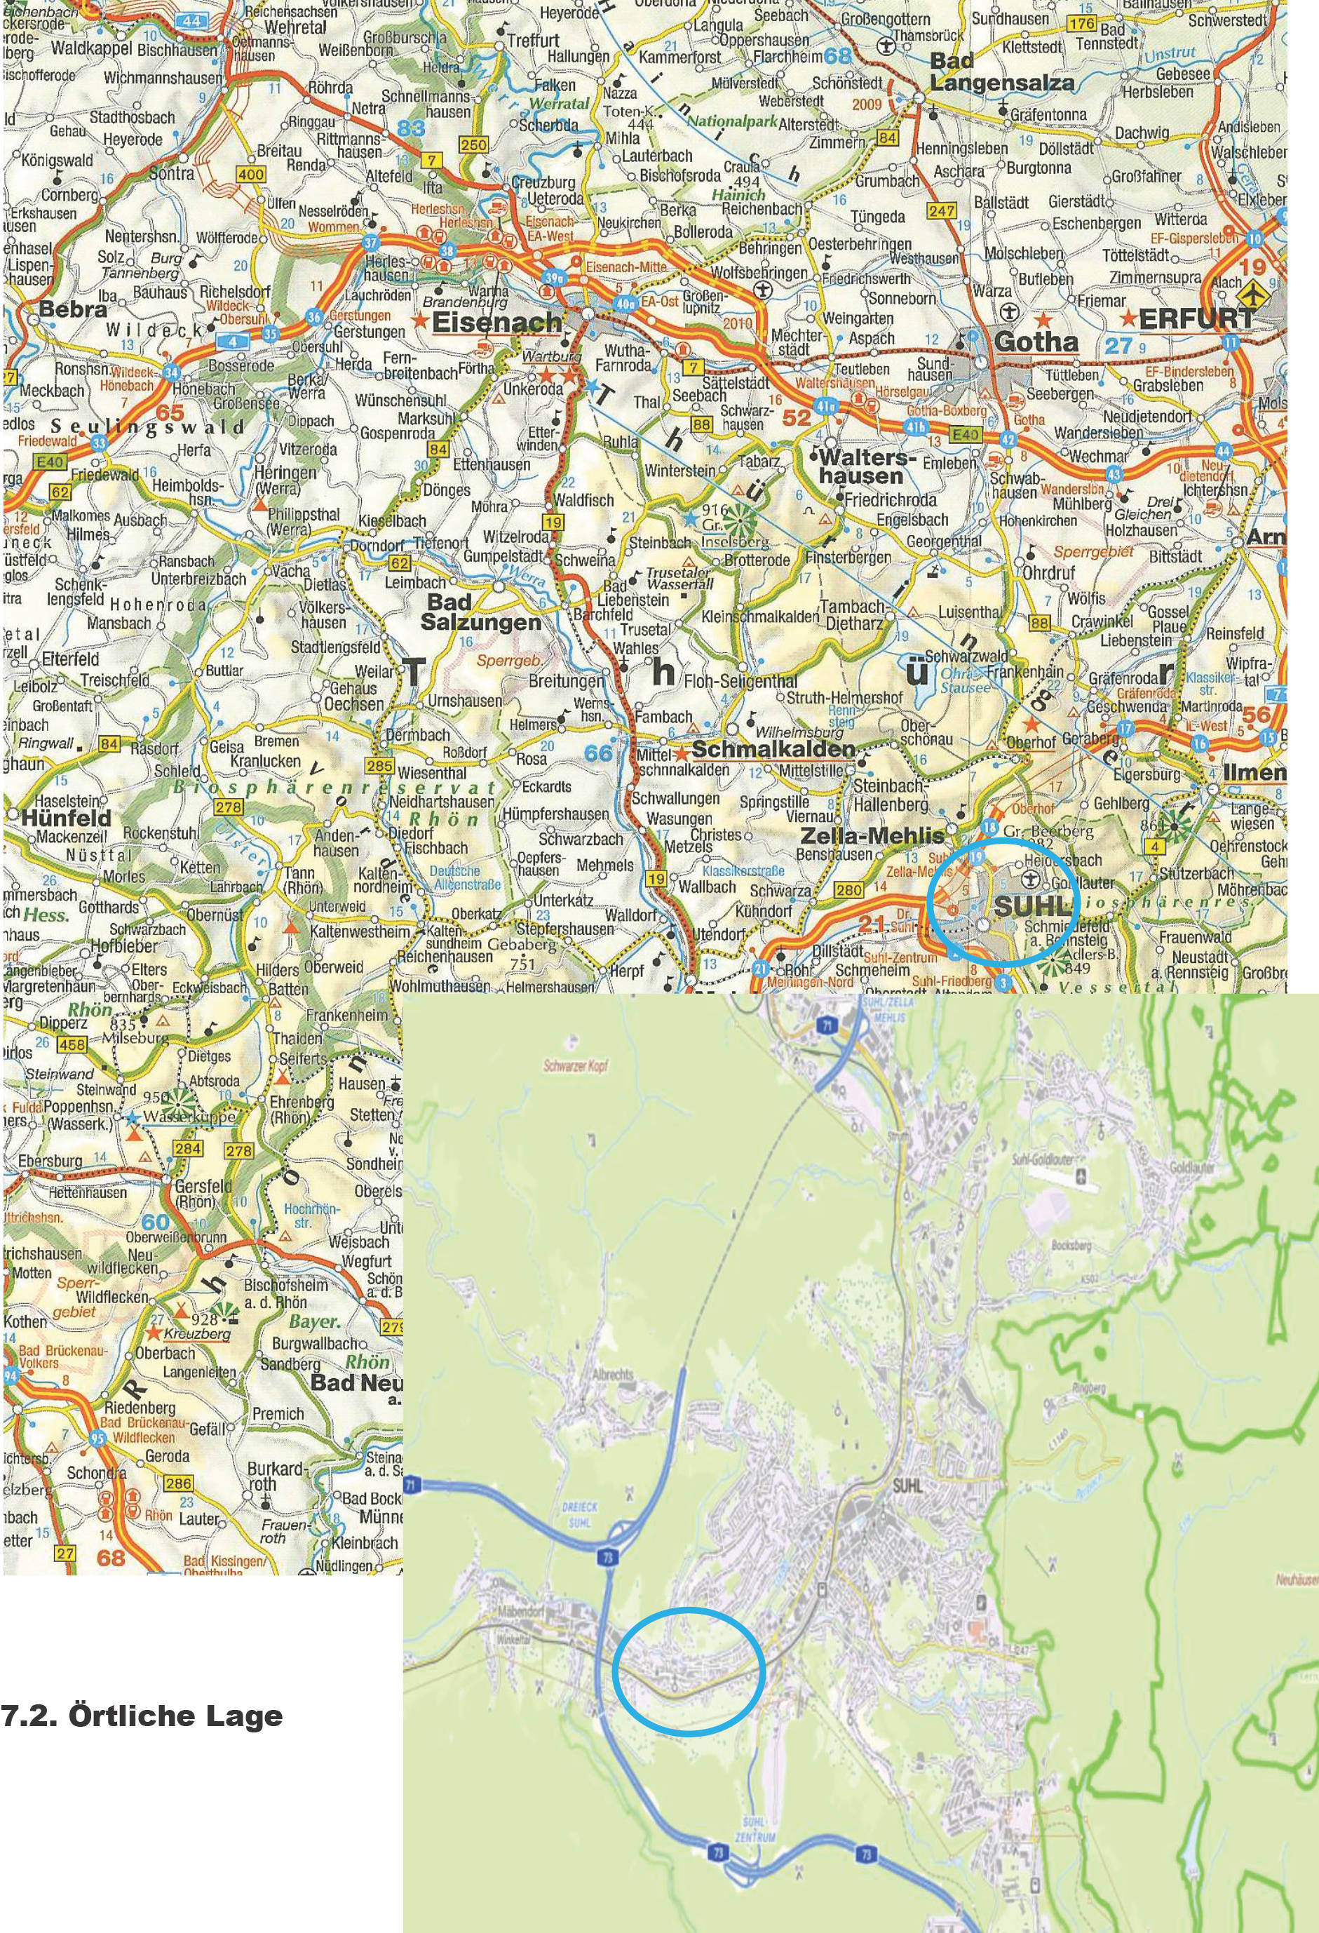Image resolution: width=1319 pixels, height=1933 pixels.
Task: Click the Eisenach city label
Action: (497, 323)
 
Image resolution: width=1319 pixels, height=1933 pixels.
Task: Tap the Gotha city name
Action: (1036, 341)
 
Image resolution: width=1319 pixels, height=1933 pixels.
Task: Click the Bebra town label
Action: (73, 309)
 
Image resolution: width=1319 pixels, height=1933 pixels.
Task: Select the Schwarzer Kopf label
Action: (574, 1064)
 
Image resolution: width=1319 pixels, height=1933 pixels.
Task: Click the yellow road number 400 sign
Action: (250, 175)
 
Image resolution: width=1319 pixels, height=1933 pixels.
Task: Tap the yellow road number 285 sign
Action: (379, 765)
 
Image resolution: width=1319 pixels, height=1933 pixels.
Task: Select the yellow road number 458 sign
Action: (72, 1044)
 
